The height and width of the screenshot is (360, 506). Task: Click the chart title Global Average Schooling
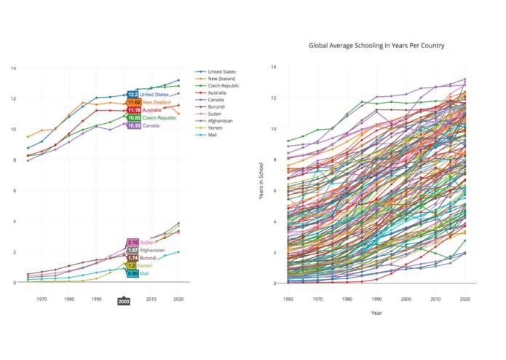pos(376,45)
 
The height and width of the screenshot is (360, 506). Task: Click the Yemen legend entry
pos(216,128)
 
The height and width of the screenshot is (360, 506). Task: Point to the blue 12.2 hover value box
pos(133,95)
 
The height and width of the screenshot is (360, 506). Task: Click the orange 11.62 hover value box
pos(133,103)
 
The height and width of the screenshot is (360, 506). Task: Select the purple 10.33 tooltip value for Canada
pos(133,125)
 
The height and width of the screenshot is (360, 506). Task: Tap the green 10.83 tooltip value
pos(133,117)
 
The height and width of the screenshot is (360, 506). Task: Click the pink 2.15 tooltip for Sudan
pos(133,242)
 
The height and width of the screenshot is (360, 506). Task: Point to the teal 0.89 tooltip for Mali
pos(133,273)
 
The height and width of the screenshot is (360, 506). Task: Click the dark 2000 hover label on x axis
pos(124,301)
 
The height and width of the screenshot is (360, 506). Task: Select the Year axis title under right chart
pos(376,313)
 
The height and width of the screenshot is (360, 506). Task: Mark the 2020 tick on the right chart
pos(465,299)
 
